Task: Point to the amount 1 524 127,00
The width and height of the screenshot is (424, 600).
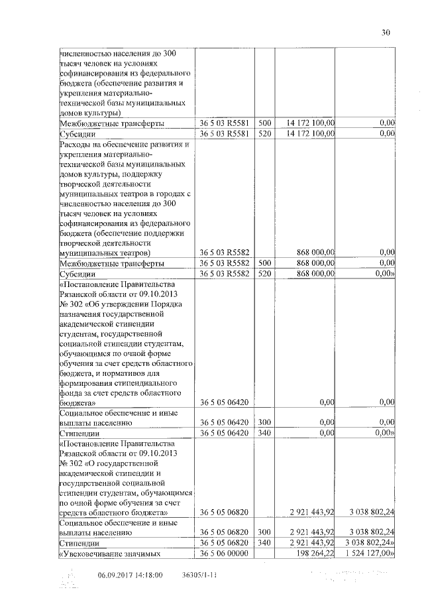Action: [369, 553]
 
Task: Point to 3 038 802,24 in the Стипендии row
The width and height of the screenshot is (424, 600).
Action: [369, 543]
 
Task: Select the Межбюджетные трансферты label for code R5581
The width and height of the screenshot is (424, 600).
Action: [109, 123]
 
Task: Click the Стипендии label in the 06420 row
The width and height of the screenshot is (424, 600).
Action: [81, 432]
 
